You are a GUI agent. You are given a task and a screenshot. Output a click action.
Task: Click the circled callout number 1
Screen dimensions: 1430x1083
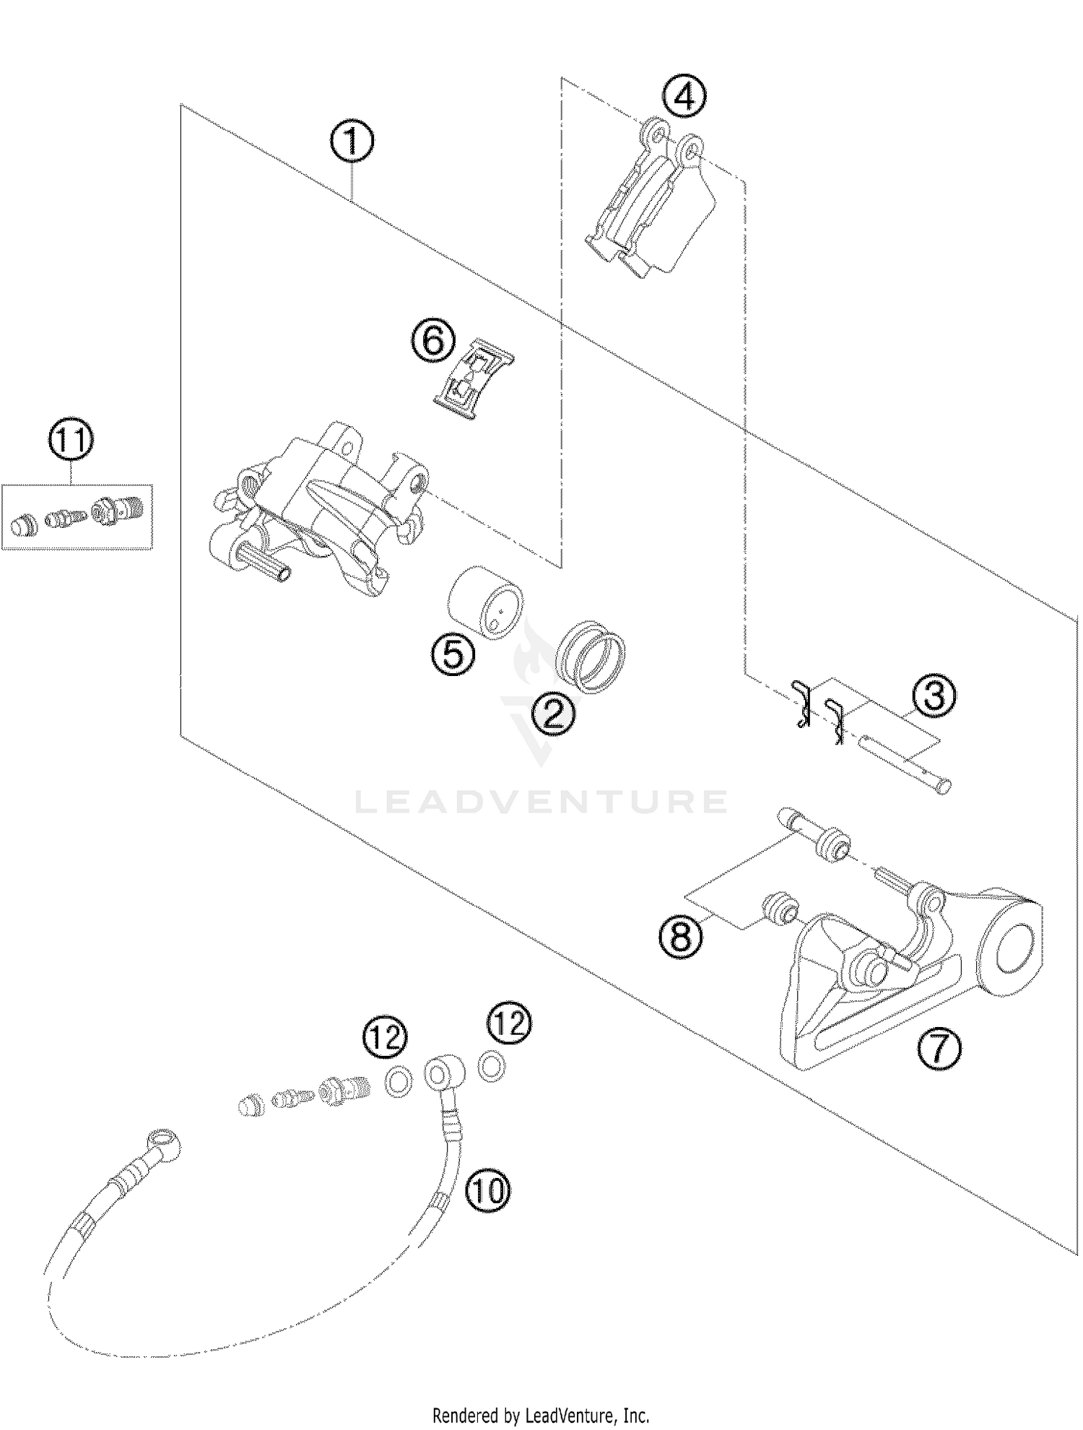(352, 142)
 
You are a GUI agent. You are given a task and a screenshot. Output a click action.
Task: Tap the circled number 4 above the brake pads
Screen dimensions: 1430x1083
(685, 96)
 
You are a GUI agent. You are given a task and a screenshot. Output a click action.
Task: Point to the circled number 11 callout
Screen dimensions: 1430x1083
(71, 441)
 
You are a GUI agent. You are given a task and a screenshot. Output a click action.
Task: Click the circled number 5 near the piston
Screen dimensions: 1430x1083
(453, 655)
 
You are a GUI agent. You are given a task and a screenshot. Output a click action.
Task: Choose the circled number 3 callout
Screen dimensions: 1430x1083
(934, 696)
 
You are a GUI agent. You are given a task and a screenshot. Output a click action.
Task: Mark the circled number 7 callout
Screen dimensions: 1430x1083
(939, 1049)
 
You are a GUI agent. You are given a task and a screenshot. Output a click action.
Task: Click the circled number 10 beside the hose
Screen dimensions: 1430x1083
(488, 1189)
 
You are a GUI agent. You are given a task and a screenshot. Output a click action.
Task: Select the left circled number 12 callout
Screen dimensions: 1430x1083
(385, 1038)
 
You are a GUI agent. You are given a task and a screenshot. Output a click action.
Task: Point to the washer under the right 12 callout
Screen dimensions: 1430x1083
(492, 1065)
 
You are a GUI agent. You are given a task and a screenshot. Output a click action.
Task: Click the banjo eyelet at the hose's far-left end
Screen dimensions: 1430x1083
(162, 1143)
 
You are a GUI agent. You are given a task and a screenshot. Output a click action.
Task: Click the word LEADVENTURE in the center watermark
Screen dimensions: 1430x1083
(541, 802)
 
